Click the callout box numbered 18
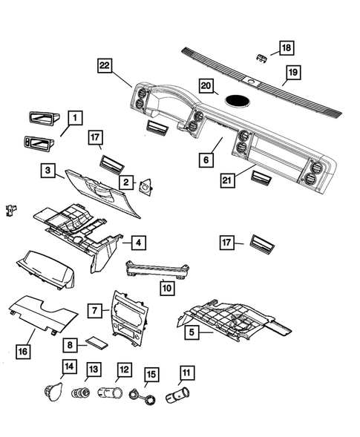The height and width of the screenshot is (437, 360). click(x=286, y=48)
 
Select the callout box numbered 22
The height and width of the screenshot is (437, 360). click(x=106, y=67)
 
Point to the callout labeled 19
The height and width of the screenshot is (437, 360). click(x=294, y=72)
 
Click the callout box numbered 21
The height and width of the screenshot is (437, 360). click(x=229, y=180)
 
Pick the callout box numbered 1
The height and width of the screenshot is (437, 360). click(x=76, y=117)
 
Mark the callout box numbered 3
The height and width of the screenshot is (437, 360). click(x=48, y=172)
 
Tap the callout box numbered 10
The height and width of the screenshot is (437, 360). click(x=167, y=285)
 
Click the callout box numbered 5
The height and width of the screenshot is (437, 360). click(x=191, y=333)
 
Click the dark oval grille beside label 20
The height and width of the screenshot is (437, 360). click(x=238, y=99)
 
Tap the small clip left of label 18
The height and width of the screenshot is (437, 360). click(x=261, y=57)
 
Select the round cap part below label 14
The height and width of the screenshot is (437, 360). click(x=51, y=391)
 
